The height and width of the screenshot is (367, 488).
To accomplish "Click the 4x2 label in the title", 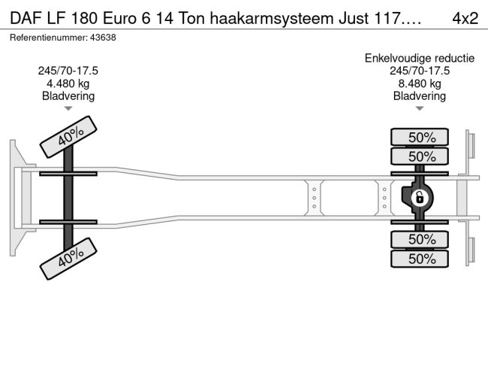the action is click(465, 18).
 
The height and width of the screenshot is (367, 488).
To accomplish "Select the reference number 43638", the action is click(103, 38).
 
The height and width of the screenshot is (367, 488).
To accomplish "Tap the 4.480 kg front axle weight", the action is click(68, 83).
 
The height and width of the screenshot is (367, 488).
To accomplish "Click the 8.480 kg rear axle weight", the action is click(420, 83).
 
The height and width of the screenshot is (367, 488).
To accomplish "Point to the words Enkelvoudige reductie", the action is click(420, 59).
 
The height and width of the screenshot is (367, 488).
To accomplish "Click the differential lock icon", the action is click(420, 197).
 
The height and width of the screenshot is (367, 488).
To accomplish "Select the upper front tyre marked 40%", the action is click(68, 137).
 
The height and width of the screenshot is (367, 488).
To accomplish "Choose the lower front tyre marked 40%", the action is click(68, 259).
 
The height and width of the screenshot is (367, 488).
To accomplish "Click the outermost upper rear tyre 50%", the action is click(420, 137).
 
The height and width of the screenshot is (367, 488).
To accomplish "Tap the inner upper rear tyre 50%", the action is click(420, 156).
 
